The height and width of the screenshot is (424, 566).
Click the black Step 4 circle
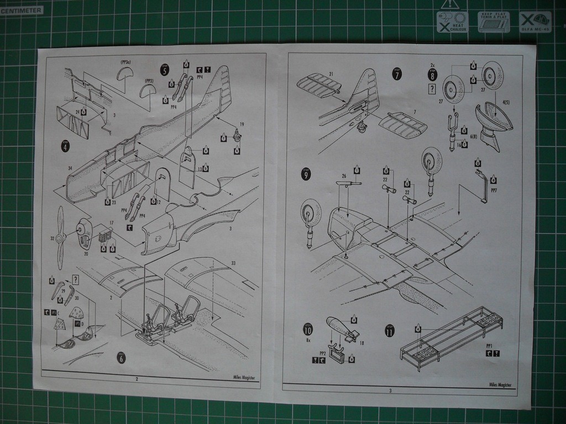65,146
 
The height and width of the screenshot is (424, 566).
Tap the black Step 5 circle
165,70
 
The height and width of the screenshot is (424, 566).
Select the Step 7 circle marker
397,75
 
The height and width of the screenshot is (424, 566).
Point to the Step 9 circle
306,174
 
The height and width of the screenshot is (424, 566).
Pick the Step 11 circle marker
390,331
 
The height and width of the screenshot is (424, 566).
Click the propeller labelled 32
60,237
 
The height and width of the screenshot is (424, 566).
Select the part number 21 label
331,74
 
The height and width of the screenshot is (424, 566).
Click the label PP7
494,190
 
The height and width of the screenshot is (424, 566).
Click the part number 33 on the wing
233,263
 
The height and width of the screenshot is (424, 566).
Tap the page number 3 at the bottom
390,391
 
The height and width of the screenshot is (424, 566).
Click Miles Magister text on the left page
243,378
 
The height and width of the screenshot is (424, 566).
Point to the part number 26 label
344,176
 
